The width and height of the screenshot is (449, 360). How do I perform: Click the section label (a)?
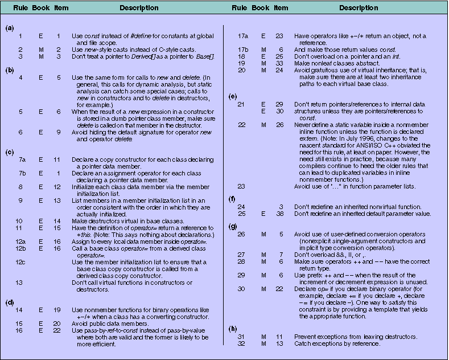[9, 28]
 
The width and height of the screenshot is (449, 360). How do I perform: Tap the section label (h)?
[232, 329]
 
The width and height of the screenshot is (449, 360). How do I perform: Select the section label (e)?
[232, 97]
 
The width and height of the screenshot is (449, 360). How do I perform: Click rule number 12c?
[23, 261]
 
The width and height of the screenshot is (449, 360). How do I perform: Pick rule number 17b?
[243, 50]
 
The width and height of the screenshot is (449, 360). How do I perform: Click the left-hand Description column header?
[139, 8]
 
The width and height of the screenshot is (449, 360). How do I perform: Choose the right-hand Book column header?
[261, 8]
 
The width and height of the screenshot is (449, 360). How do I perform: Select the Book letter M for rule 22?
[263, 125]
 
